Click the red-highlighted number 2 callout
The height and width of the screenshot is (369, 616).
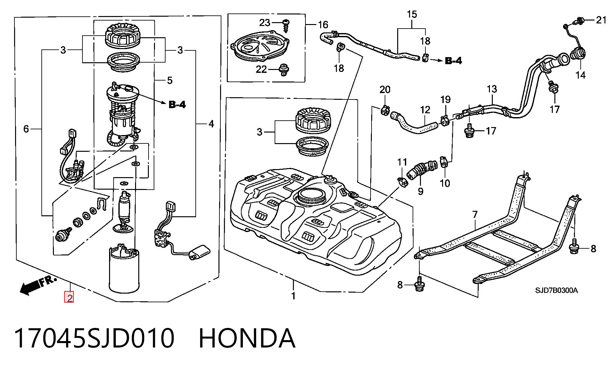click(69, 297)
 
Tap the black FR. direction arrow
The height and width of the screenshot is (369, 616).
click(38, 285)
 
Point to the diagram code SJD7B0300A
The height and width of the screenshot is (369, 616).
click(556, 290)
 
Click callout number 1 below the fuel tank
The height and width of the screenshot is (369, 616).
click(293, 296)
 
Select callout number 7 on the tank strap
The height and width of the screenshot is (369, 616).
click(475, 214)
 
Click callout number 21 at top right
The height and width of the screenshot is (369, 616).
click(601, 20)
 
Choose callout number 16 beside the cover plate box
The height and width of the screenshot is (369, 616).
click(323, 25)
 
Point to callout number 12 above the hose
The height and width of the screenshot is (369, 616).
click(425, 110)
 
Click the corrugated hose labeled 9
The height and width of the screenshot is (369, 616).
click(422, 170)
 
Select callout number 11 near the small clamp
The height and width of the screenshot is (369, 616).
click(402, 162)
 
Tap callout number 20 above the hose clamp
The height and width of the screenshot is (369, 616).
click(385, 90)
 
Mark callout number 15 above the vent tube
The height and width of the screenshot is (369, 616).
click(412, 14)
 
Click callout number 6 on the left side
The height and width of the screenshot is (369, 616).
click(26, 129)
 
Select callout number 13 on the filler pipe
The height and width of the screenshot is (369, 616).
click(492, 89)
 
